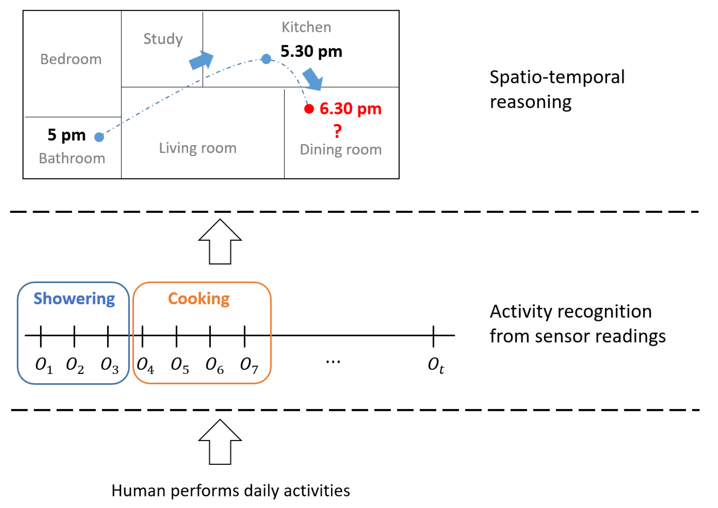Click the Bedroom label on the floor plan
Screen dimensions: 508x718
click(71, 59)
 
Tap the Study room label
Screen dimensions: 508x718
click(163, 39)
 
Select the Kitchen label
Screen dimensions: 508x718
click(306, 27)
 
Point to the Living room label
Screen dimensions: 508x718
click(198, 148)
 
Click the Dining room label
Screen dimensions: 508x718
click(340, 150)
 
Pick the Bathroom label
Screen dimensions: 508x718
click(72, 158)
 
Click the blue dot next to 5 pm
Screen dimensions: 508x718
click(99, 137)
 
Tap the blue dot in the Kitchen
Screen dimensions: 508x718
click(266, 59)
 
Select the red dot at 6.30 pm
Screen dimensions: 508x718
click(309, 109)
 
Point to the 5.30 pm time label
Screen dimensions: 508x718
click(311, 51)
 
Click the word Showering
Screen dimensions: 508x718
click(74, 299)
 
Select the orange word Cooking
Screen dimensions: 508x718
click(199, 299)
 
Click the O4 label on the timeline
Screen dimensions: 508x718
click(145, 365)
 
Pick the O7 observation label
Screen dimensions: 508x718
click(249, 365)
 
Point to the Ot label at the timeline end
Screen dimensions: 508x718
click(436, 365)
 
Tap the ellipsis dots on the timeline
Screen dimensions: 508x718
click(333, 362)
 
